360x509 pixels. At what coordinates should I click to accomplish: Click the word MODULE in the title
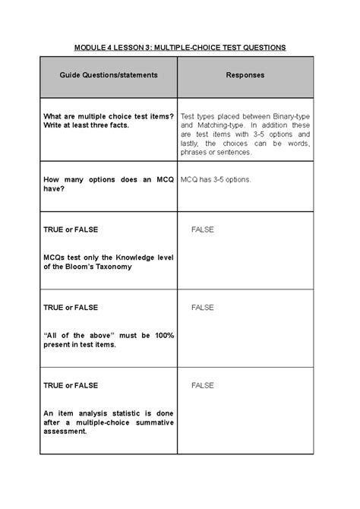(x=90, y=47)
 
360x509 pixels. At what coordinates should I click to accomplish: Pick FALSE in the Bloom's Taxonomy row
(x=203, y=229)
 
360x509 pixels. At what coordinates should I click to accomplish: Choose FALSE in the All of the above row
(x=203, y=307)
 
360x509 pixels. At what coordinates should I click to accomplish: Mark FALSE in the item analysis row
(x=203, y=385)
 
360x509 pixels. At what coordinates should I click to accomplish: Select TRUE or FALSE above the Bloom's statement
(x=71, y=229)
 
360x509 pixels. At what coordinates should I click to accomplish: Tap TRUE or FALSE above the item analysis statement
(x=71, y=385)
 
